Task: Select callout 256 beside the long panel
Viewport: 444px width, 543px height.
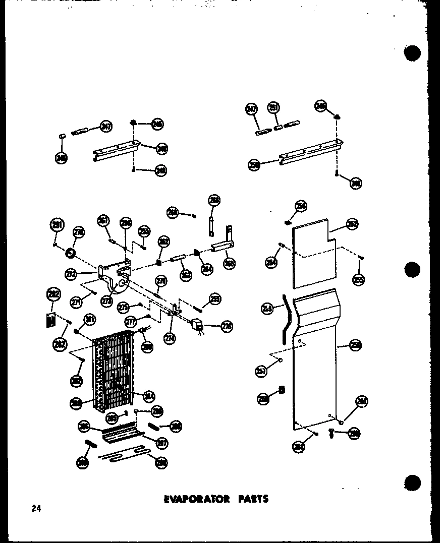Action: [x=356, y=346]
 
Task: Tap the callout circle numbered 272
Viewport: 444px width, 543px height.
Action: [x=71, y=274]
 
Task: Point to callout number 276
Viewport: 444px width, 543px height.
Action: [x=227, y=327]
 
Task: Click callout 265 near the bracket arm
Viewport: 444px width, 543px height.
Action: [x=229, y=263]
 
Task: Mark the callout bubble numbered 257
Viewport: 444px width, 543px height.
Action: [x=261, y=372]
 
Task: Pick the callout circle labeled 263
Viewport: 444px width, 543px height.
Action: [x=186, y=275]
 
